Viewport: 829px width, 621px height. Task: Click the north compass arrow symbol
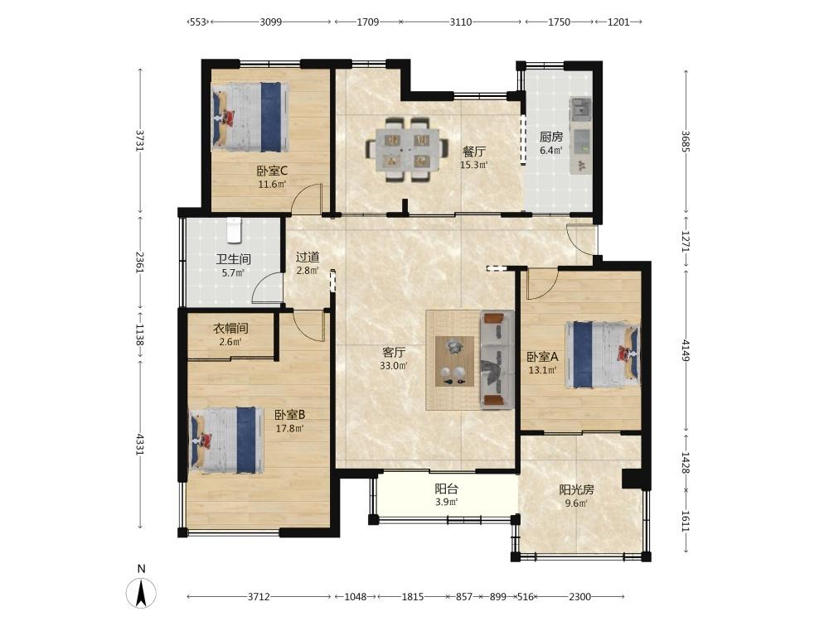(141, 593)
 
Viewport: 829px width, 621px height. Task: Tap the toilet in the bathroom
(234, 231)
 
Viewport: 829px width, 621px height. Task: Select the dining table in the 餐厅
(405, 150)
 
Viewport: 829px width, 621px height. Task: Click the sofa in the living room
(497, 360)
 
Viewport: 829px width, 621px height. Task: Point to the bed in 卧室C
(250, 117)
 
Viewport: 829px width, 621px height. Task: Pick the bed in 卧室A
(602, 355)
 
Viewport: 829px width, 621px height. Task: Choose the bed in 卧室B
(225, 440)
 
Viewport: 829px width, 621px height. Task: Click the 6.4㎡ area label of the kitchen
(551, 151)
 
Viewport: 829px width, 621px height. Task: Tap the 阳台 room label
(446, 489)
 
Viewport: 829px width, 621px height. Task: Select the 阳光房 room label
(576, 490)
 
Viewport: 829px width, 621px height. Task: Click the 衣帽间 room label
(230, 329)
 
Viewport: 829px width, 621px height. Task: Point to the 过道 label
(308, 258)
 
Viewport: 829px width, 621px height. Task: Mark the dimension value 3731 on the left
(139, 141)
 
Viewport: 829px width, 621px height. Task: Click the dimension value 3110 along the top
(460, 22)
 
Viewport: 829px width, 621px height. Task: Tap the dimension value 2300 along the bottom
(579, 597)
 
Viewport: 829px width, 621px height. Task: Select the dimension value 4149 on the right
(686, 350)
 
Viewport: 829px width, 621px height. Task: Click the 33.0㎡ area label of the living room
(393, 365)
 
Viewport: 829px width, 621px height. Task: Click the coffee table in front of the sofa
(454, 361)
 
